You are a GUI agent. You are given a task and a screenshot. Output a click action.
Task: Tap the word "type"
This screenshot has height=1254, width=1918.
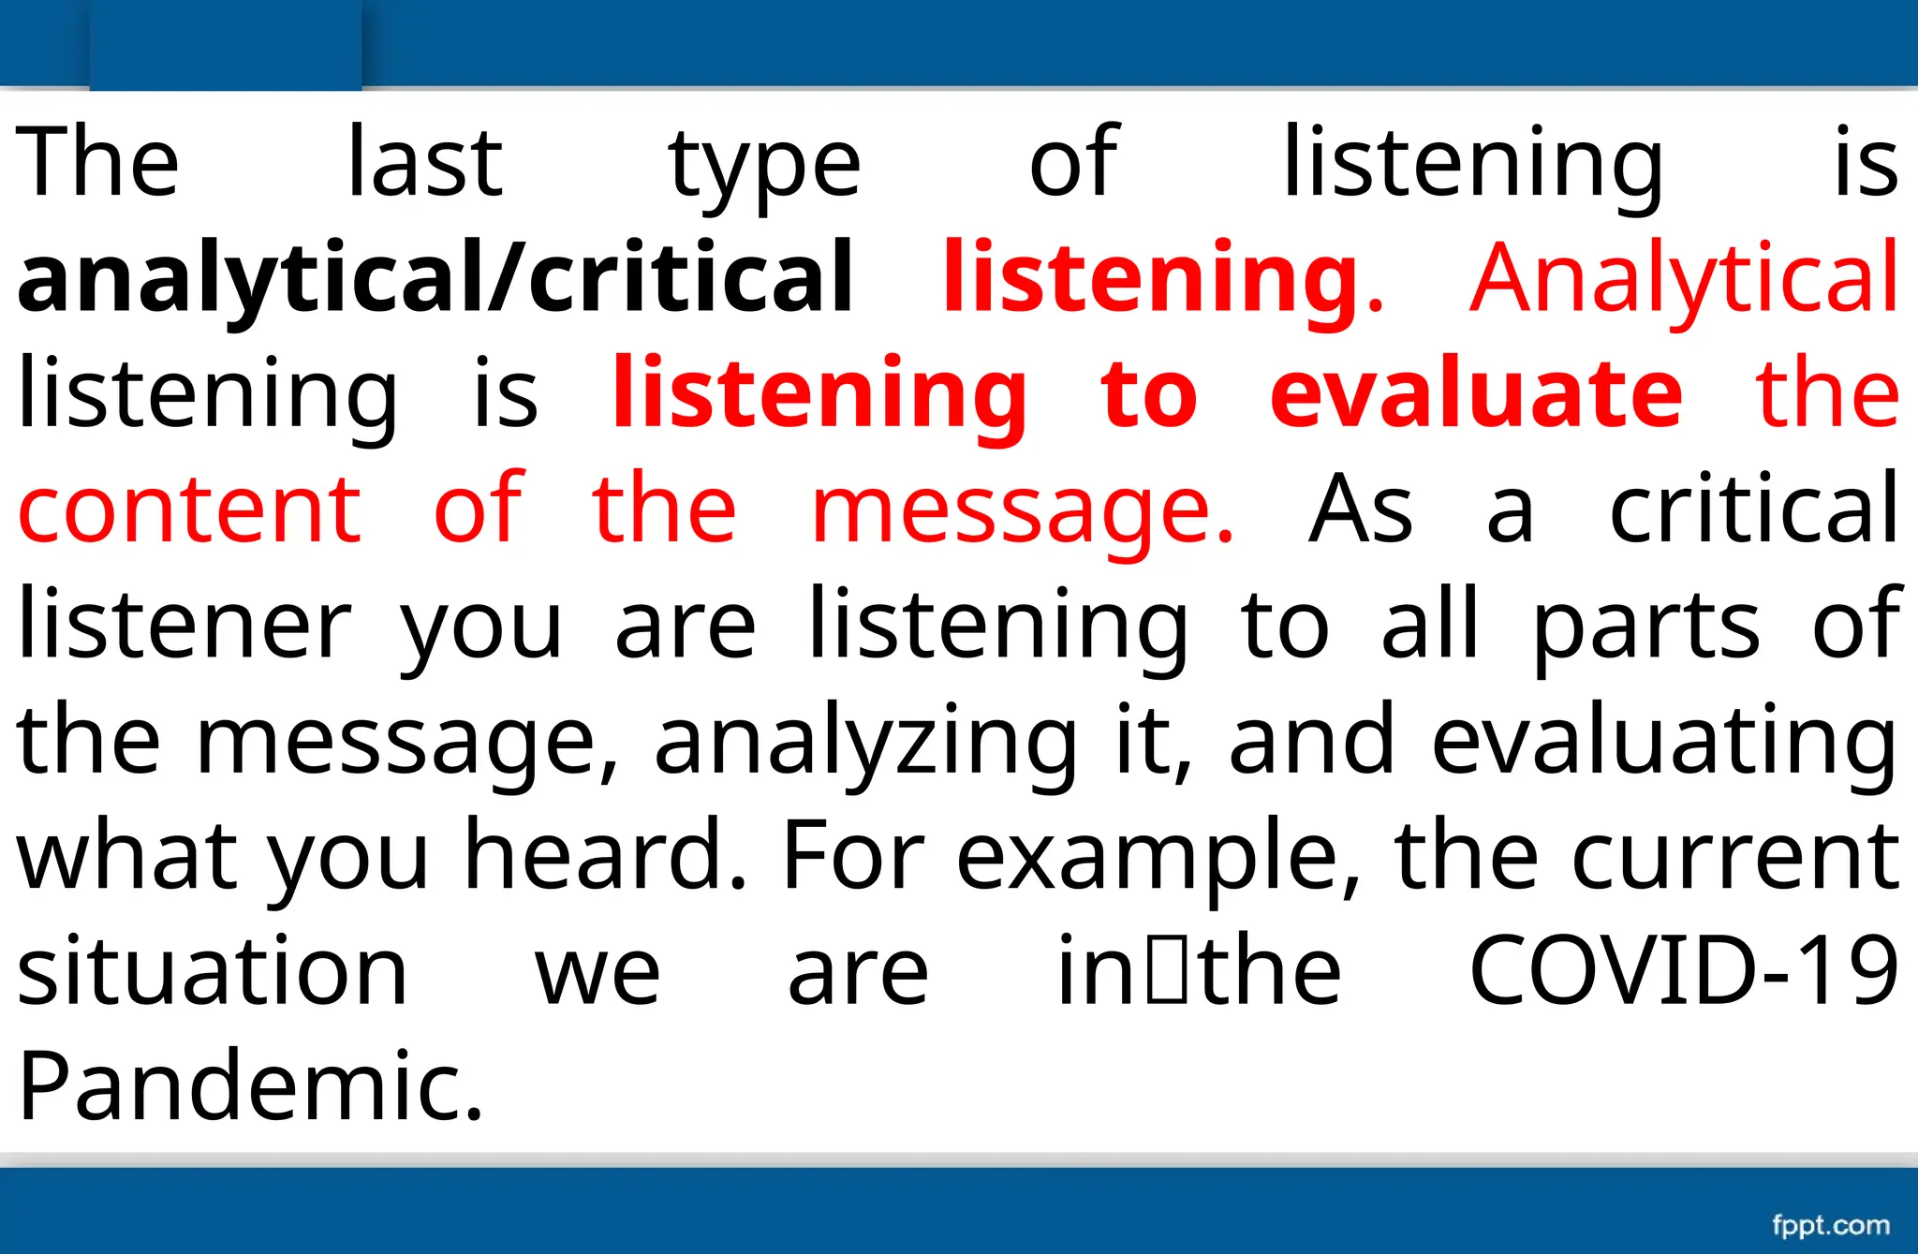pyautogui.click(x=764, y=167)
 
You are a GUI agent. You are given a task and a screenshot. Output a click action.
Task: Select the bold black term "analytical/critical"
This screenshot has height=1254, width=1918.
pyautogui.click(x=435, y=277)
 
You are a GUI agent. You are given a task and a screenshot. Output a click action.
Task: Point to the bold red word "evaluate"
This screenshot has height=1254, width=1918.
pyautogui.click(x=1476, y=393)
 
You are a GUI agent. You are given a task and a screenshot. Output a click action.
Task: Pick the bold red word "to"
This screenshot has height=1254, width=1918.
pyautogui.click(x=1149, y=393)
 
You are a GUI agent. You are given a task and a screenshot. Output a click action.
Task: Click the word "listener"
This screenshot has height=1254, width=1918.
pyautogui.click(x=184, y=624)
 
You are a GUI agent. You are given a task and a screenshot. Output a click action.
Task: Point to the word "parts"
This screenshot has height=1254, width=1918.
pyautogui.click(x=1646, y=626)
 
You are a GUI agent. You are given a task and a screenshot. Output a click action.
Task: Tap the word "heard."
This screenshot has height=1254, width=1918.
pyautogui.click(x=607, y=854)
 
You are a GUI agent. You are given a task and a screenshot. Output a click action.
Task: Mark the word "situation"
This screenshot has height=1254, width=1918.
pyautogui.click(x=213, y=970)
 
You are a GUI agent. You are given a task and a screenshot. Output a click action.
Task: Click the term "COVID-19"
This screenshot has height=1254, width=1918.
pyautogui.click(x=1684, y=970)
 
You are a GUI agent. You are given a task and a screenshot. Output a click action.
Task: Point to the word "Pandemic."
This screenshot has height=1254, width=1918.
pyautogui.click(x=251, y=1085)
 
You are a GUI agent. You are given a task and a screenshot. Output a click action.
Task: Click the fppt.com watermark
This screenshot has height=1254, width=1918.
pyautogui.click(x=1830, y=1225)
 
